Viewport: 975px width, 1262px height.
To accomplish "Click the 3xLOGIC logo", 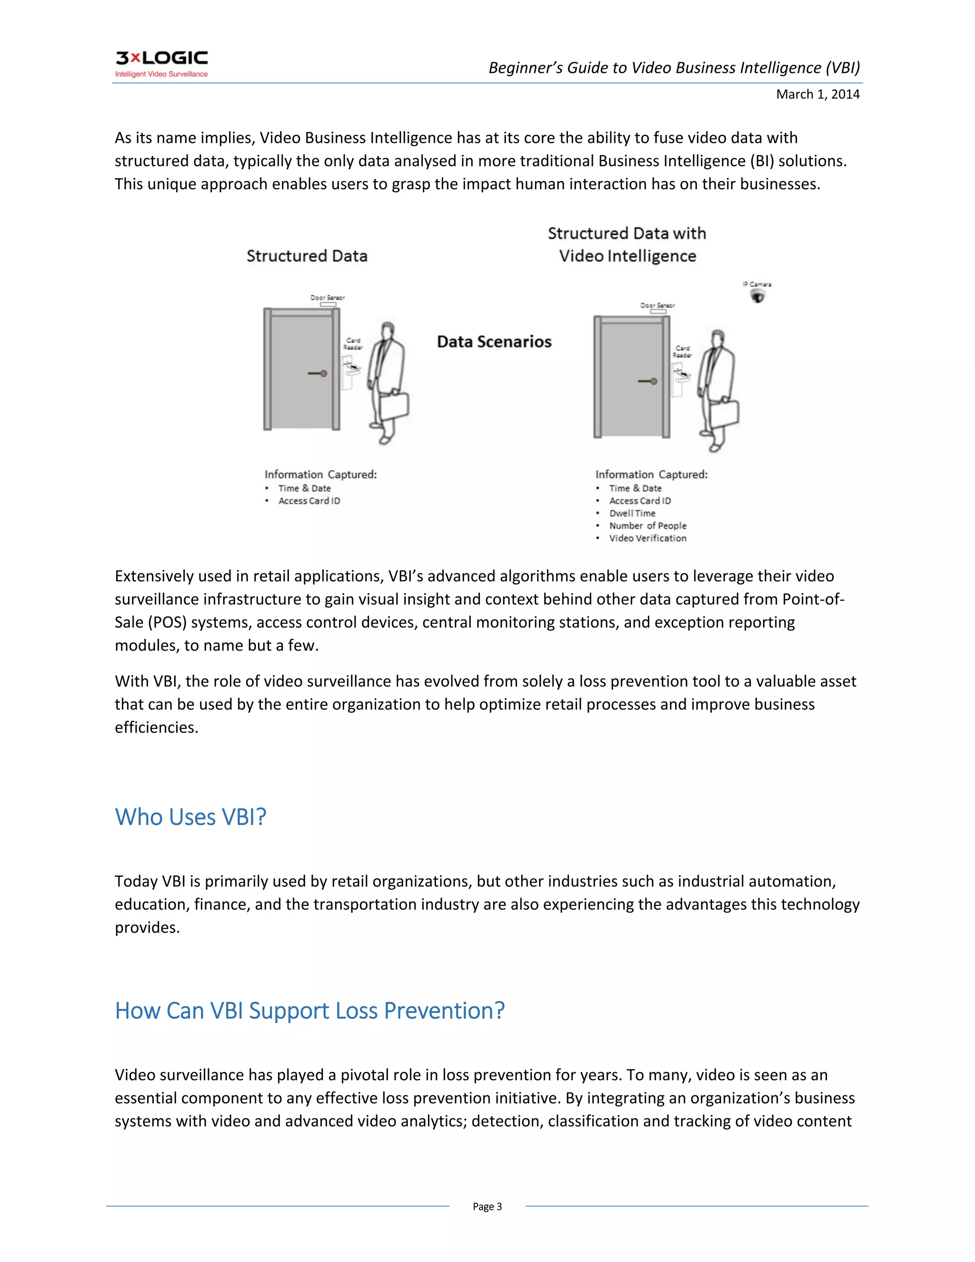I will click(x=161, y=63).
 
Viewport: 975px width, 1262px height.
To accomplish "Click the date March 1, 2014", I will click(x=817, y=94).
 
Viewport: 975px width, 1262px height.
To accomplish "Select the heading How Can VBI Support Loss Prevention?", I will click(x=309, y=1011).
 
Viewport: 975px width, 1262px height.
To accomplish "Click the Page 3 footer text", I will click(x=487, y=1207).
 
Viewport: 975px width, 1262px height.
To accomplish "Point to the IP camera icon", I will click(x=757, y=296).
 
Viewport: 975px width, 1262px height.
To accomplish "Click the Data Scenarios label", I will click(x=494, y=341).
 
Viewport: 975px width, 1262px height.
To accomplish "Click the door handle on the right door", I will click(x=648, y=381).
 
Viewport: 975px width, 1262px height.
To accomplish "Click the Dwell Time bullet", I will click(x=632, y=513).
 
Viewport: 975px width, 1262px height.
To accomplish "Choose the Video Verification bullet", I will click(x=647, y=538).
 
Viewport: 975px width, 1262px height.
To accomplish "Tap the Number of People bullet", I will click(x=647, y=526).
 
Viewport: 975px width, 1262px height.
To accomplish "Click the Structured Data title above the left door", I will click(x=307, y=256).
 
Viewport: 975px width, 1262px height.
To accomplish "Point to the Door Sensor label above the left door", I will click(x=328, y=298).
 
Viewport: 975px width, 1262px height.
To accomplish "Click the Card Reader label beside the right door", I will click(x=682, y=351).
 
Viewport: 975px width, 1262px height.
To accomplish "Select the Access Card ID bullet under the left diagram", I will click(x=309, y=501).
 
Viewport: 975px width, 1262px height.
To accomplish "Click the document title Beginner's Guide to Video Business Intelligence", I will click(x=674, y=68).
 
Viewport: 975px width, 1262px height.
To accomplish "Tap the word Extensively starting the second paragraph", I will click(x=153, y=576).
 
